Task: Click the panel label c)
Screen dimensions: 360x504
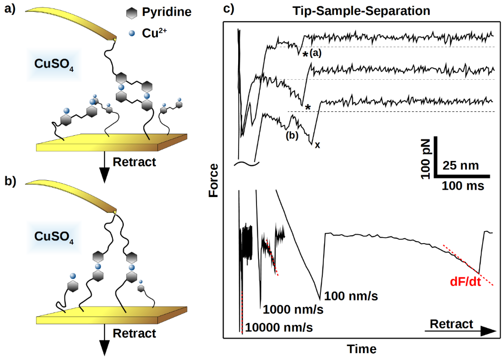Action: click(x=228, y=10)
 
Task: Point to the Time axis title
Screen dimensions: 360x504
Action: click(x=361, y=349)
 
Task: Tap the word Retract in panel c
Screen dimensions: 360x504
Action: click(x=451, y=324)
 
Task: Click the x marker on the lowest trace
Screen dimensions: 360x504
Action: click(x=317, y=145)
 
